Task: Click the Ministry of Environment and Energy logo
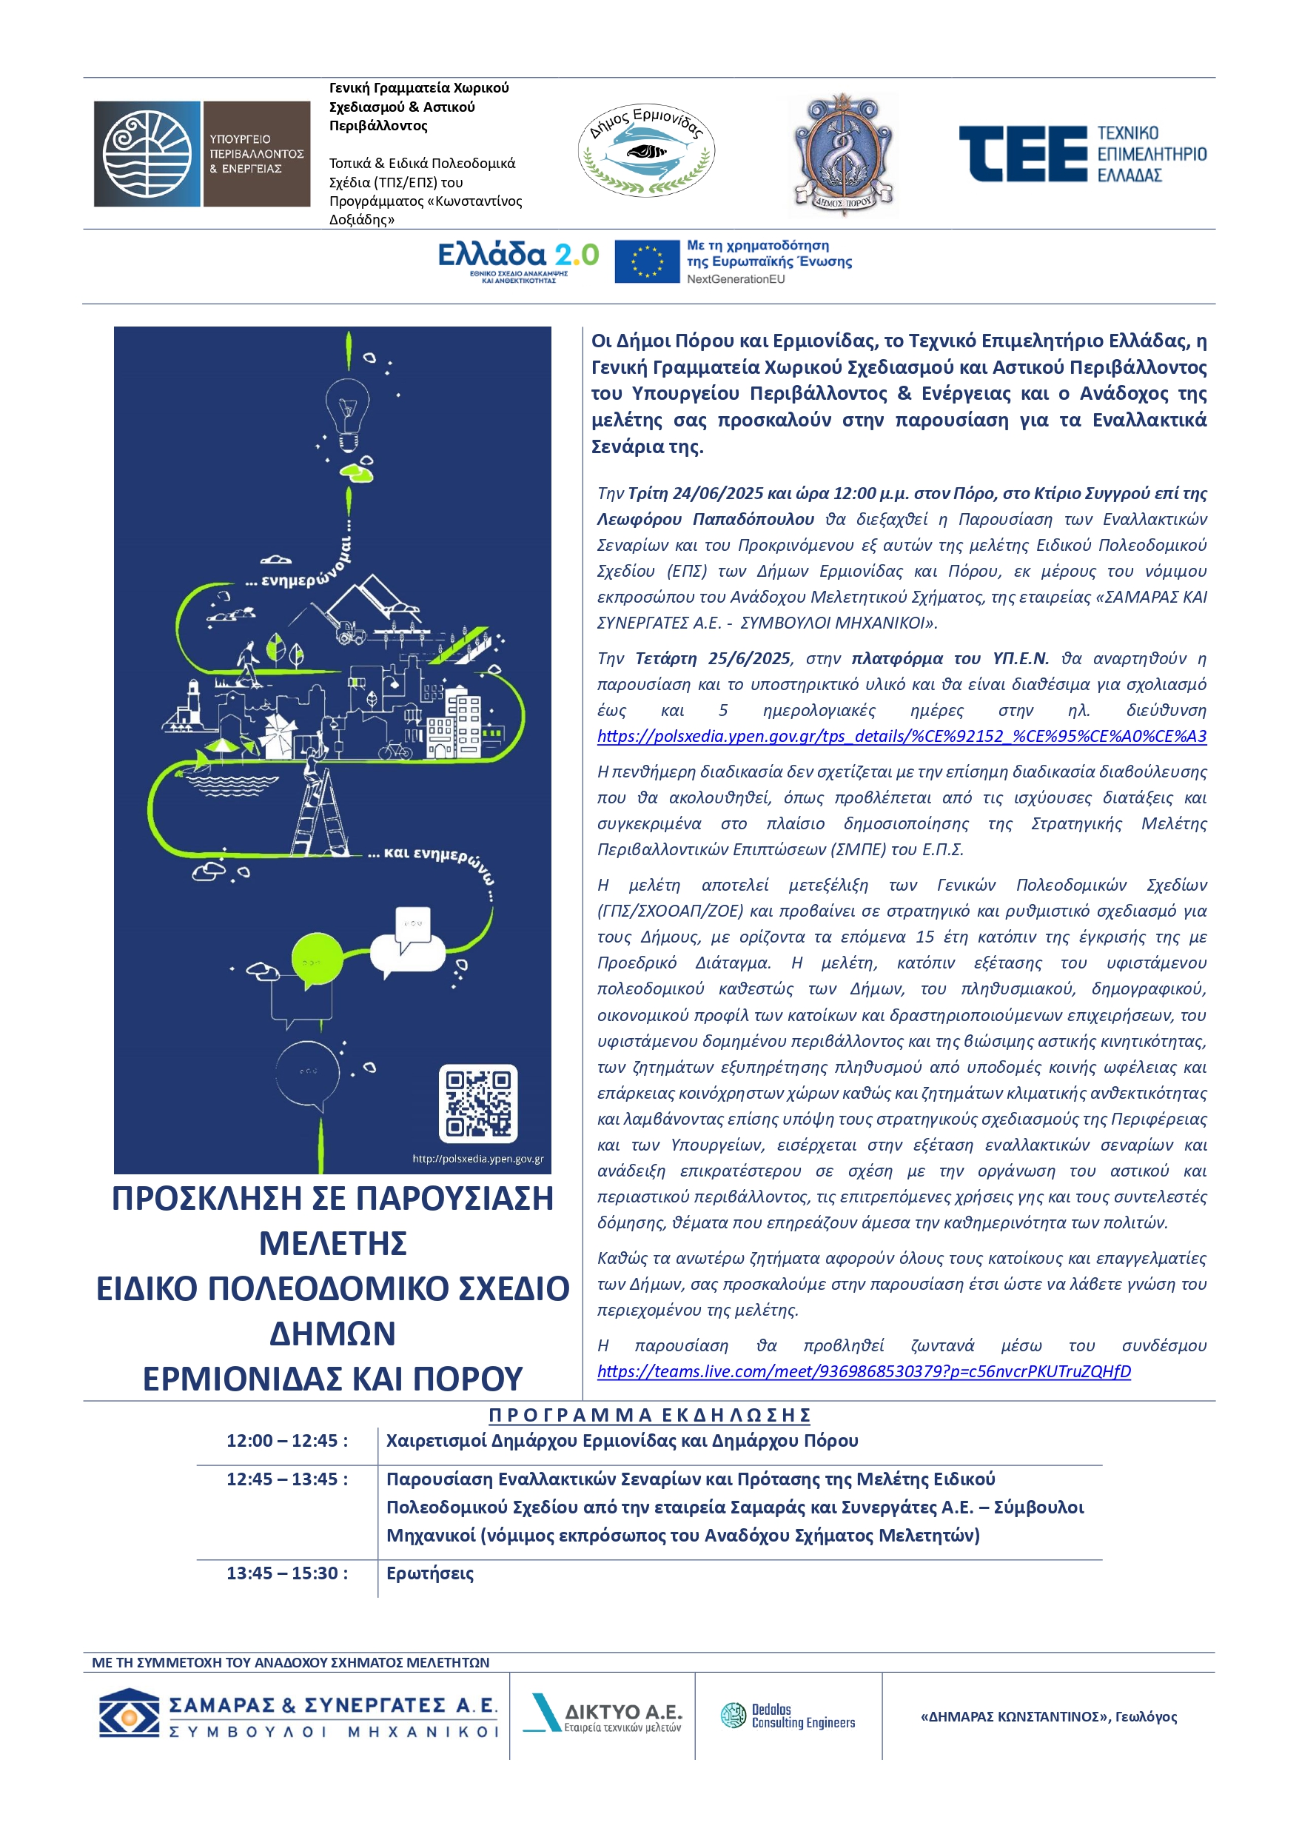click(x=201, y=153)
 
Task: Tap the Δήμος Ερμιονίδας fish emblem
click(x=646, y=150)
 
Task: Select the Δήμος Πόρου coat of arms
click(x=842, y=153)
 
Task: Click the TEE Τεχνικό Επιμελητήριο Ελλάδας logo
click(x=1082, y=153)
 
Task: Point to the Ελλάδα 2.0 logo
click(x=518, y=261)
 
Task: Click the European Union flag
click(x=647, y=261)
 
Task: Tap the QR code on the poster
click(x=478, y=1103)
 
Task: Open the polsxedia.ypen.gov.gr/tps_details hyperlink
click(x=902, y=736)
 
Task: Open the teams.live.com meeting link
click(x=864, y=1371)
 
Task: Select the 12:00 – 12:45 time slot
click(x=287, y=1441)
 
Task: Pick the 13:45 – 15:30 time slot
click(x=287, y=1573)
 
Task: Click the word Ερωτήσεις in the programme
click(x=429, y=1573)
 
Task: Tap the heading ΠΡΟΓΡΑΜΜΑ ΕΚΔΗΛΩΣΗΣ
click(x=650, y=1414)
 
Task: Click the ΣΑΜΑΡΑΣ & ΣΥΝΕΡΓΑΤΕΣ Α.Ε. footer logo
click(x=298, y=1716)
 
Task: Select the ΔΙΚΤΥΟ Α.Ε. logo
click(x=602, y=1716)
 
